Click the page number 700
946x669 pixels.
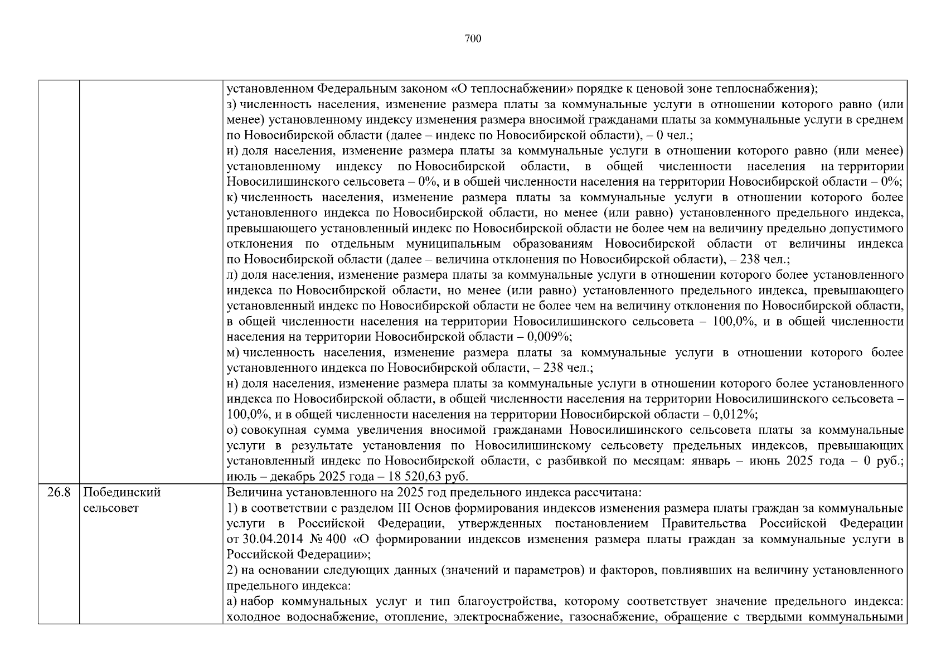(473, 38)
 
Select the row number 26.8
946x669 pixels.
(59, 493)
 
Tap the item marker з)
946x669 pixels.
(232, 105)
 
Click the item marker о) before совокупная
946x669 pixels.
(232, 430)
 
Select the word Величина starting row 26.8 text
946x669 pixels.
(251, 493)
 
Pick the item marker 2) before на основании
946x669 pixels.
(232, 570)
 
